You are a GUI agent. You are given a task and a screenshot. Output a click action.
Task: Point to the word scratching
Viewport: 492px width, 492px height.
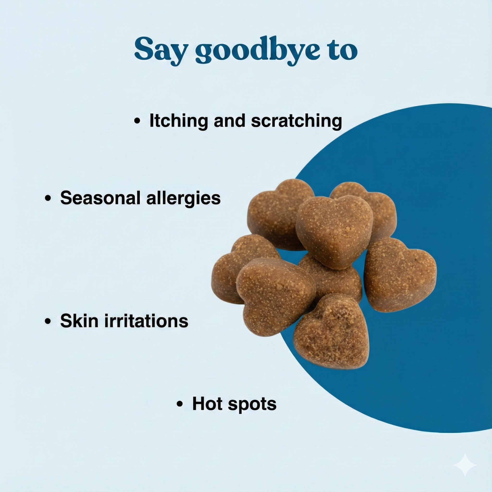pos(296,121)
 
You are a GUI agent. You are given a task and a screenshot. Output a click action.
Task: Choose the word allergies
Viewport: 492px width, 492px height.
pos(183,198)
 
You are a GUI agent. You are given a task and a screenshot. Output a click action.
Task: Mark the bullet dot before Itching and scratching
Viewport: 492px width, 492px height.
pos(137,121)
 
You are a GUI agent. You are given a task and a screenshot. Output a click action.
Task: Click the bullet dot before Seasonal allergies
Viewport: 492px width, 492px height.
pos(48,199)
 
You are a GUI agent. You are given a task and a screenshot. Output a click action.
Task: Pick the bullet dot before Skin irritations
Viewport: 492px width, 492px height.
pos(48,321)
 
